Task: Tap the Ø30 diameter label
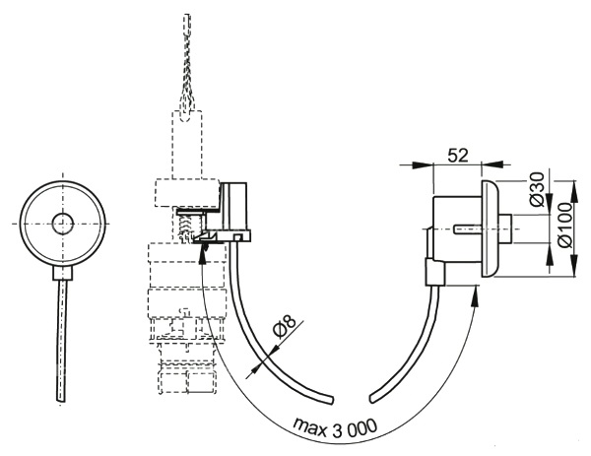tap(537, 188)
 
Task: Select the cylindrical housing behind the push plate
tap(452, 229)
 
